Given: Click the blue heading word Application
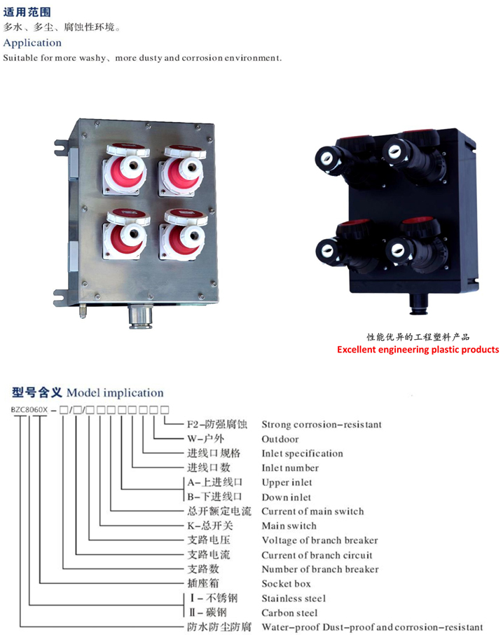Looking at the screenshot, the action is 32,43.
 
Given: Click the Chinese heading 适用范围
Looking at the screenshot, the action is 27,12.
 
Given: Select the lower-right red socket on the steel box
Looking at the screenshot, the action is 184,234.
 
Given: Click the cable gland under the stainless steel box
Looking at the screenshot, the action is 140,316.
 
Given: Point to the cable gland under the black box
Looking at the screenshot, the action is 418,303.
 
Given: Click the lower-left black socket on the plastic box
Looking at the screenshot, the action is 346,246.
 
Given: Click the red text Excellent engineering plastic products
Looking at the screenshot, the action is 418,350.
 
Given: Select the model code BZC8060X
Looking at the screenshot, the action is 29,410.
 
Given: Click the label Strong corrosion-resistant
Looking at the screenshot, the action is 322,425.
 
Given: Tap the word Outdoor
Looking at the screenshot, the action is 280,439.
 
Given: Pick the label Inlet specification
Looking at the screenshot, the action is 302,453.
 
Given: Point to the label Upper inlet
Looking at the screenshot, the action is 287,482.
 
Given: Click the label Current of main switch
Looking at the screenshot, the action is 313,512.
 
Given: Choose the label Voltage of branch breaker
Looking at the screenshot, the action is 319,540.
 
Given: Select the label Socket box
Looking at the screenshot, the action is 286,584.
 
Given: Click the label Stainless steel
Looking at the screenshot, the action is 294,598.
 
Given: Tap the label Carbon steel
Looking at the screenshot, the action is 290,613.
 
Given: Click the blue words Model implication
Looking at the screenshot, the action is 116,392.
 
